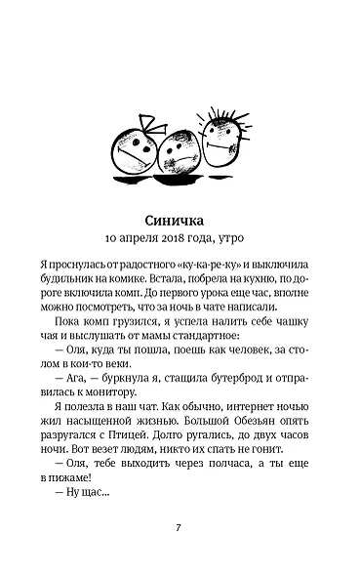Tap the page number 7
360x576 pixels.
(x=179, y=528)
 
